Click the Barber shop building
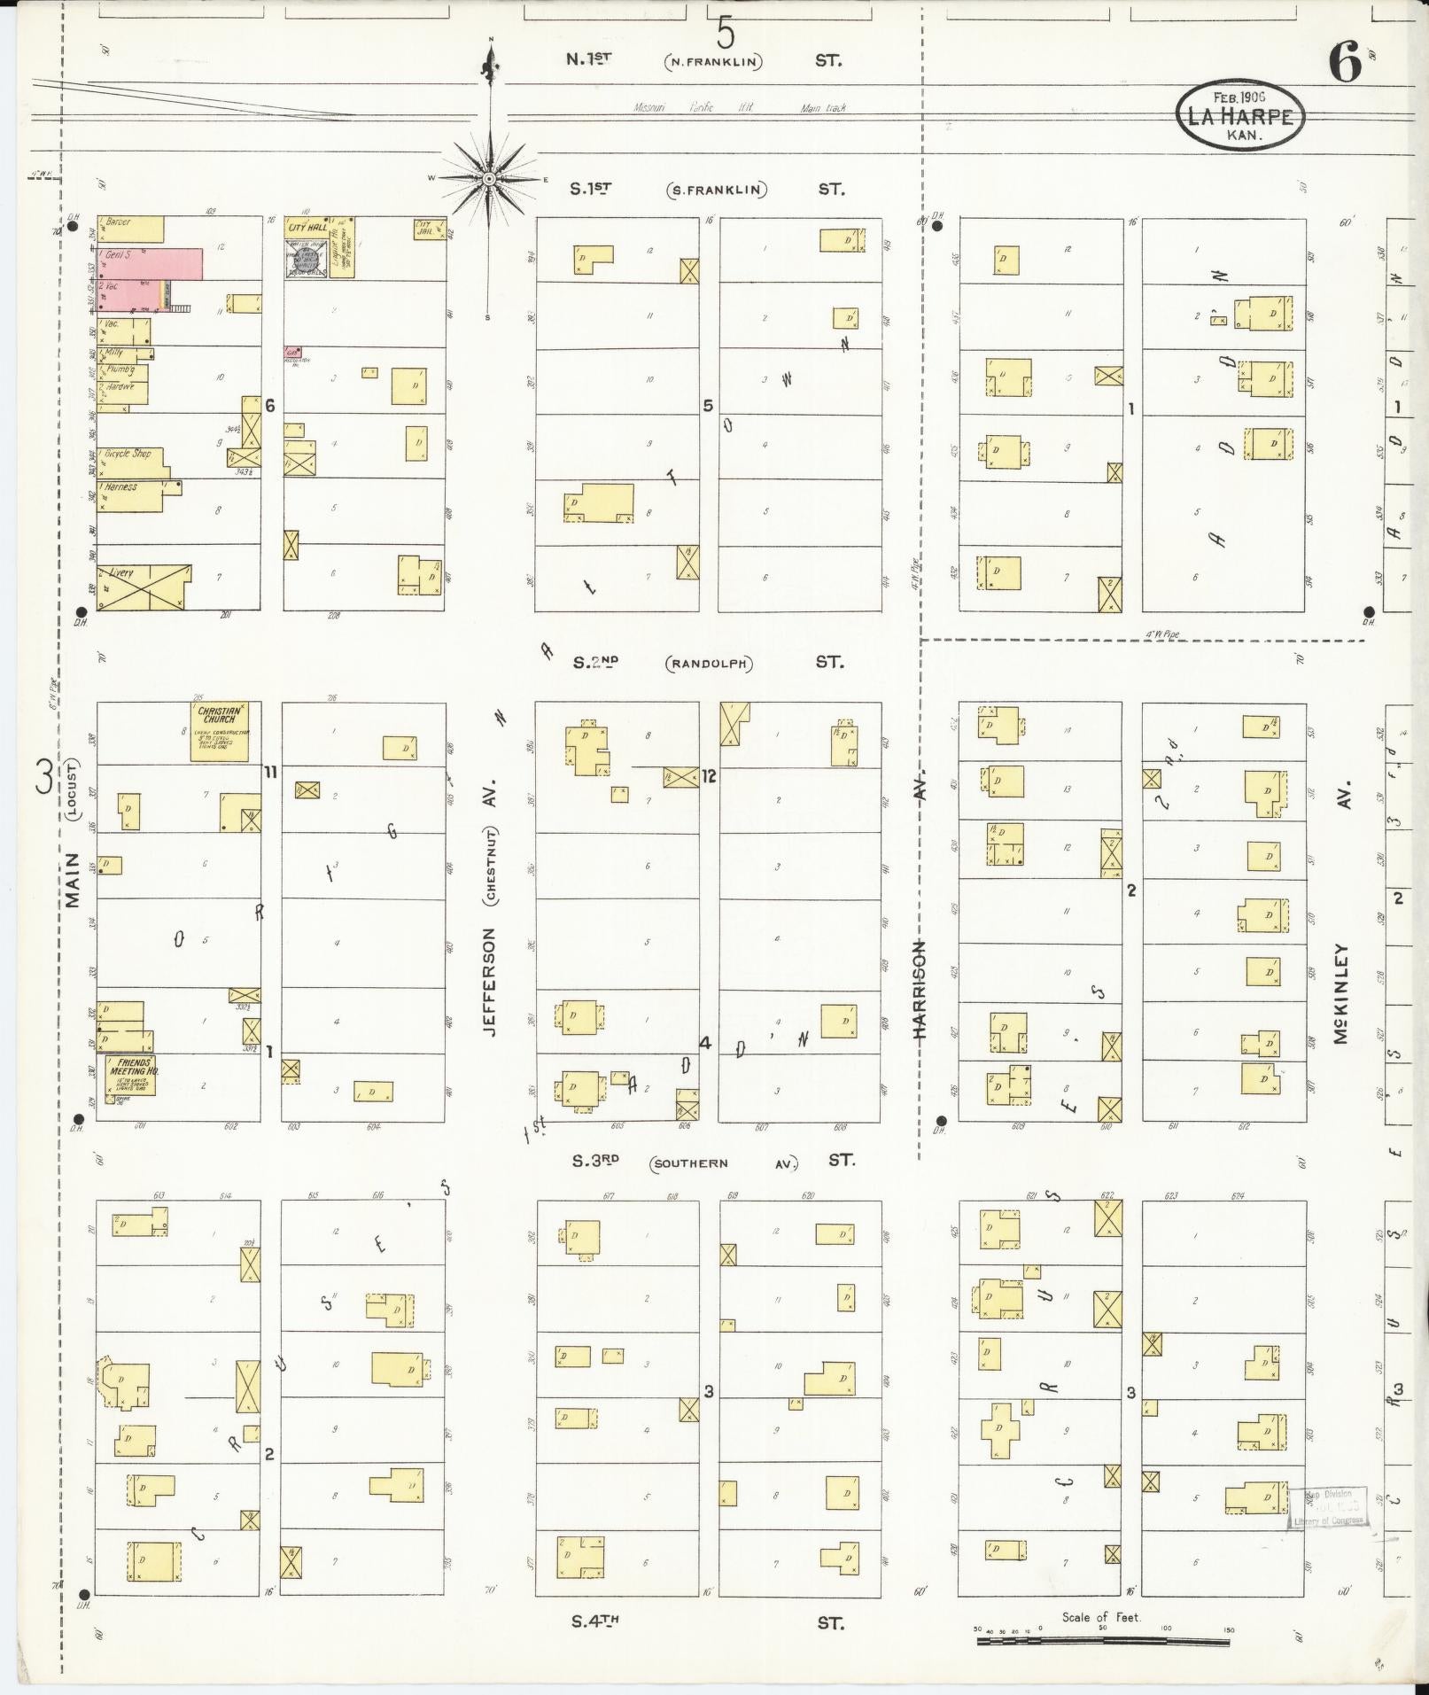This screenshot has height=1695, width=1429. click(130, 229)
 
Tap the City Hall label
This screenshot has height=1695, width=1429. click(307, 228)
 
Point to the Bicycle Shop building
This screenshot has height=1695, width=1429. click(133, 461)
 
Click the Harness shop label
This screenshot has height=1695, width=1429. click(120, 487)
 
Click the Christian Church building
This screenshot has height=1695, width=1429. click(219, 732)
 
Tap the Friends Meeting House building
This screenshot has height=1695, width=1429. click(130, 1075)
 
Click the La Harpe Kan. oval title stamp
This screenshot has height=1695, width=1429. click(1240, 115)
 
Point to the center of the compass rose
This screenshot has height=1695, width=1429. click(488, 179)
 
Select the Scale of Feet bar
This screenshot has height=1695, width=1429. click(1103, 1641)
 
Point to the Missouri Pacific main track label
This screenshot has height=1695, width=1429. click(741, 108)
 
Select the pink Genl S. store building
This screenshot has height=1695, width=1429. click(151, 263)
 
